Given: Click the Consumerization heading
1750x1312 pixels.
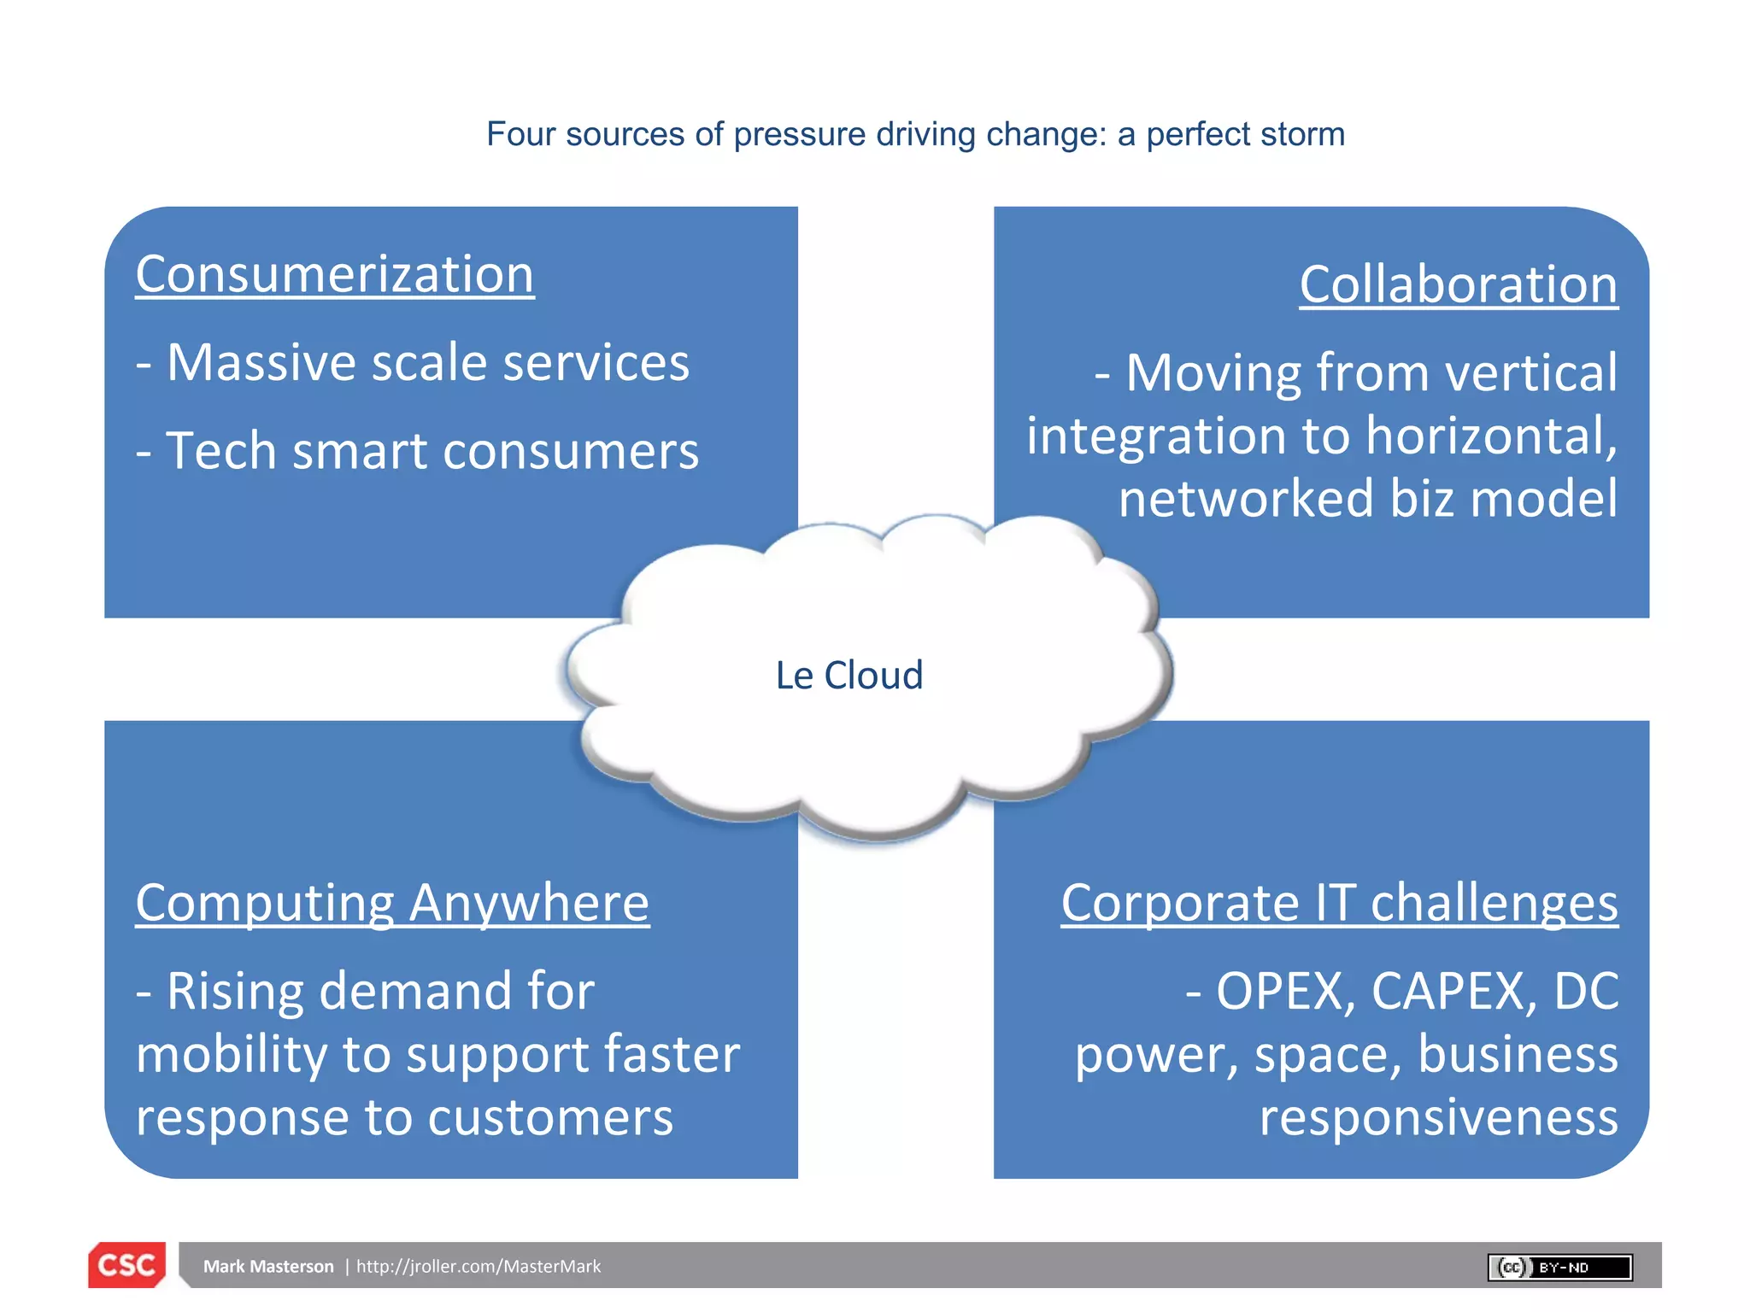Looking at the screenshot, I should click(x=335, y=275).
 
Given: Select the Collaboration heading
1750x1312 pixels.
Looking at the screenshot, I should click(x=1458, y=284).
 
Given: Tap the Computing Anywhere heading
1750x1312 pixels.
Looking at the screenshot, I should click(x=392, y=903).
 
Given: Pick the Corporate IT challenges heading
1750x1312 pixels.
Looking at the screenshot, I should click(x=1339, y=903).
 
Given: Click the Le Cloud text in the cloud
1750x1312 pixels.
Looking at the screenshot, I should click(x=849, y=675).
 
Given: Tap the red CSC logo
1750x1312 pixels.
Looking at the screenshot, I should click(x=126, y=1265).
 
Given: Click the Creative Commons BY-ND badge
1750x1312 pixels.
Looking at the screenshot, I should click(x=1559, y=1267).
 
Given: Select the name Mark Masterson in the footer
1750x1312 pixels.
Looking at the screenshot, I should click(x=268, y=1267).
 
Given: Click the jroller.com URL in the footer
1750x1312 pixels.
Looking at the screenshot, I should click(x=479, y=1267).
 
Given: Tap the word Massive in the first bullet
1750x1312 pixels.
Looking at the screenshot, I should click(x=261, y=363).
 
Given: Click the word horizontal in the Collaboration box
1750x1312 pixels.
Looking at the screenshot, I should click(x=1491, y=436).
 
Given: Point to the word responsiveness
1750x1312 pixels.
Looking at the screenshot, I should click(x=1438, y=1117).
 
